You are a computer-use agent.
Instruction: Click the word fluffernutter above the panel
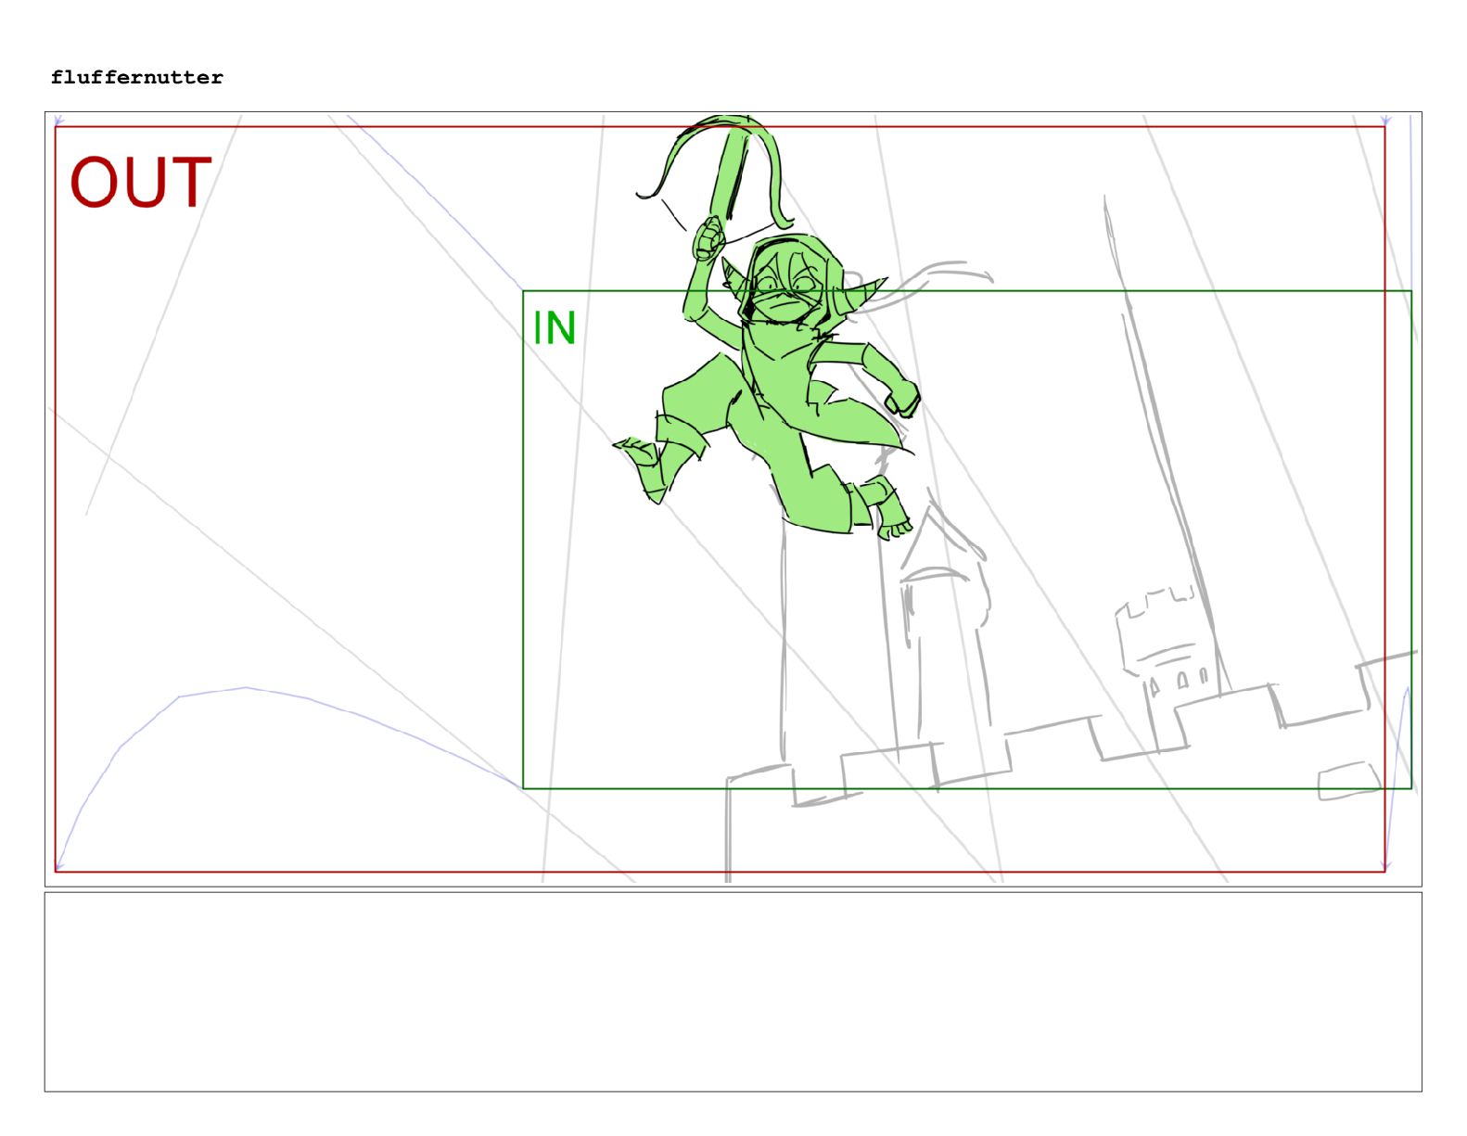136,77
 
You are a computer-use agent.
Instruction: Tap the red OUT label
140,182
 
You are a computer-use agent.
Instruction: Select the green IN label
555,328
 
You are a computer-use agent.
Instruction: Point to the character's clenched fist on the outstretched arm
902,398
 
